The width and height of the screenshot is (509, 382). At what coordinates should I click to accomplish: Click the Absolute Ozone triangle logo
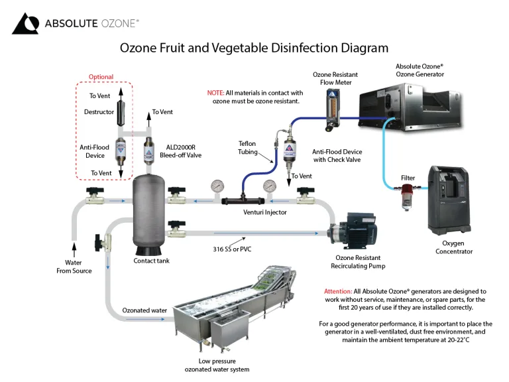(x=25, y=23)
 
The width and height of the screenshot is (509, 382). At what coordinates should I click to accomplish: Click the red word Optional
(x=101, y=77)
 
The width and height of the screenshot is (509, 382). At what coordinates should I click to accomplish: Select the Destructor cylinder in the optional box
(x=121, y=112)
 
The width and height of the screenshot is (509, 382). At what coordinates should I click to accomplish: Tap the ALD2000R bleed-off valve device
(x=148, y=151)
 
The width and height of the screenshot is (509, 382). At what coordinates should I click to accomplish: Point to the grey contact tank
(x=148, y=214)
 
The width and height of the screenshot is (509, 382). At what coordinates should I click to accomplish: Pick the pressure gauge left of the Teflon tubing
(x=217, y=187)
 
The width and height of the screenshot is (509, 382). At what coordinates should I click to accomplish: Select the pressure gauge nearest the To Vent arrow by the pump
(x=270, y=187)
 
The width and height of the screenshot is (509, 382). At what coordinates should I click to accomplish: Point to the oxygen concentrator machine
(x=449, y=200)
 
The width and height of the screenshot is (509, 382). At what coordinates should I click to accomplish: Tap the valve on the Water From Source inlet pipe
(x=95, y=196)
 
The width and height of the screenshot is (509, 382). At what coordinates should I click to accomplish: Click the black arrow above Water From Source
(x=74, y=249)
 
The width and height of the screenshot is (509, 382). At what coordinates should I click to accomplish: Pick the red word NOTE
(x=215, y=93)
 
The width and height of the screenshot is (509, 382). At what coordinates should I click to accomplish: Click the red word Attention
(x=338, y=291)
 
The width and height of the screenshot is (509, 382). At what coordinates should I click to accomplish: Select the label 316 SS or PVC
(x=232, y=249)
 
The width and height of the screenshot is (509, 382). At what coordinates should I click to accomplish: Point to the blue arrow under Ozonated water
(x=145, y=319)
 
